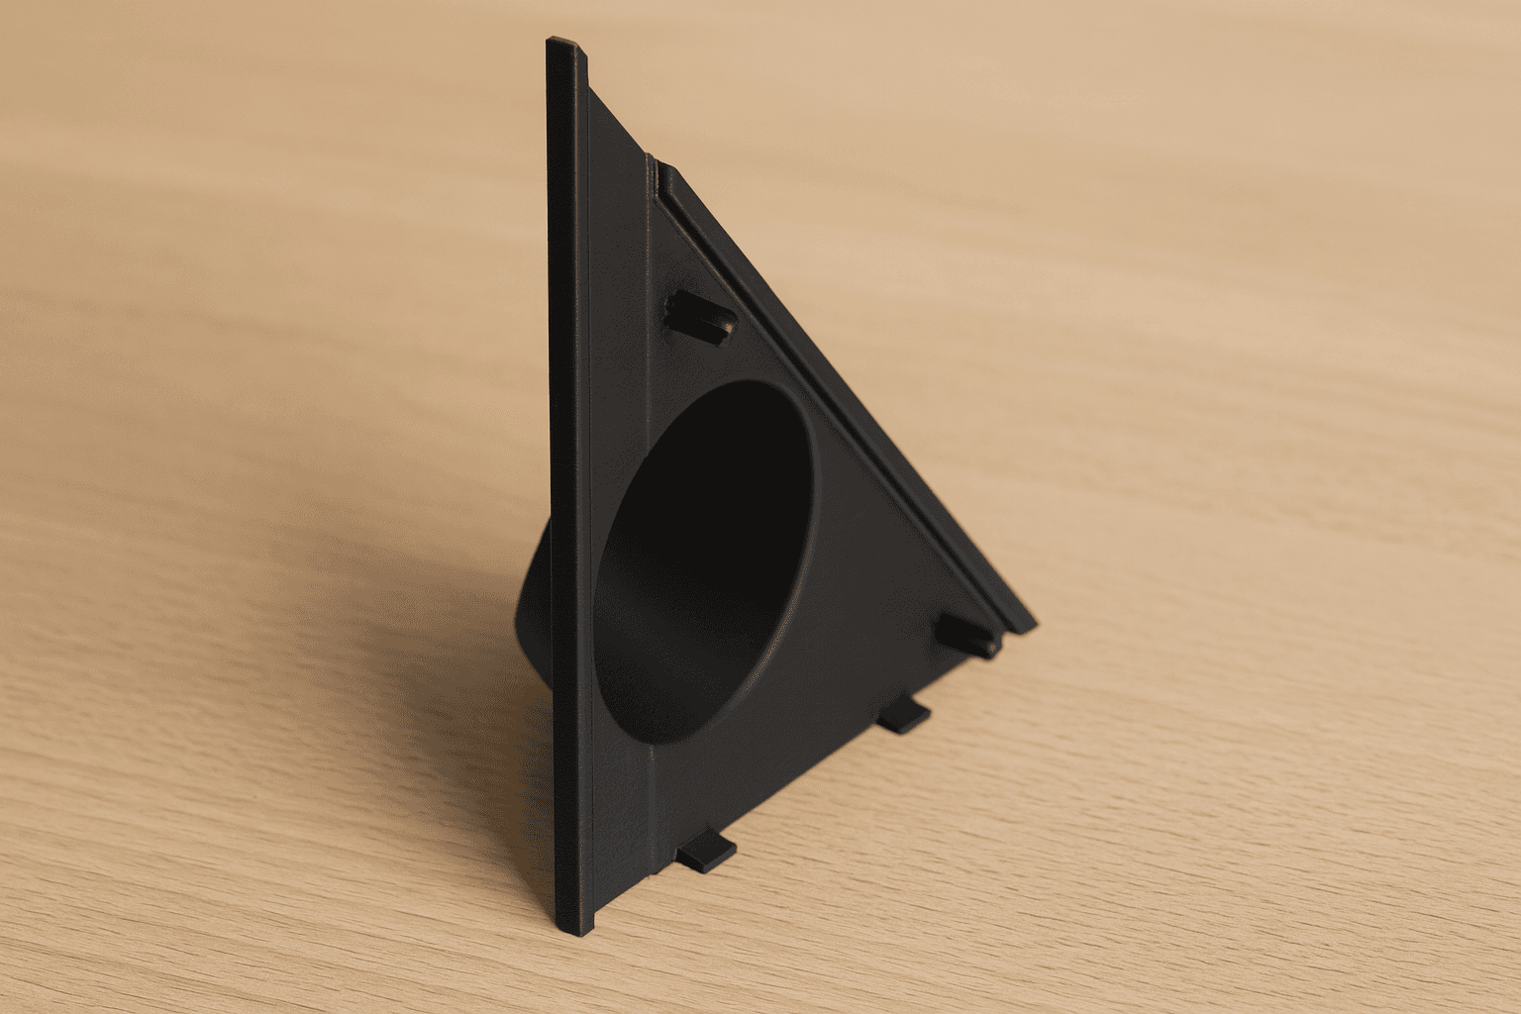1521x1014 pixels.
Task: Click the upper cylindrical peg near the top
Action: pyautogui.click(x=699, y=315)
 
